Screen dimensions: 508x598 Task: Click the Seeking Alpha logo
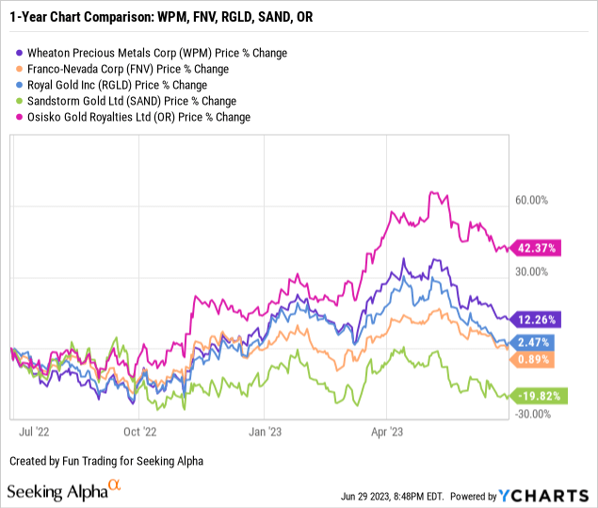click(64, 491)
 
